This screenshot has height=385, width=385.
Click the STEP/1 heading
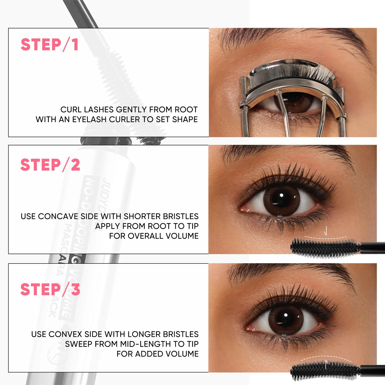pyautogui.click(x=50, y=44)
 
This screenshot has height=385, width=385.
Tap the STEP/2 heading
pyautogui.click(x=50, y=165)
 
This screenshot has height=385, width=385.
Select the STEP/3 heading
pyautogui.click(x=50, y=289)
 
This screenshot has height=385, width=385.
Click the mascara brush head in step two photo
pyautogui.click(x=324, y=248)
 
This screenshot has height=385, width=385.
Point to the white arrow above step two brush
pyautogui.click(x=325, y=231)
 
